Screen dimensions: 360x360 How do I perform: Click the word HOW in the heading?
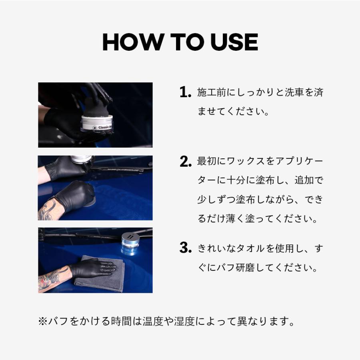coord(133,42)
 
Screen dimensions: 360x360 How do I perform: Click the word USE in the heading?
coord(234,42)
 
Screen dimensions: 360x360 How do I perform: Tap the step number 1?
coord(185,92)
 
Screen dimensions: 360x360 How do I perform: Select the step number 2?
coord(186,162)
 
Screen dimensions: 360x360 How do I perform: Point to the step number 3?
coord(186,248)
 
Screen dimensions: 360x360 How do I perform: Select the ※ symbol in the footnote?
coord(43,321)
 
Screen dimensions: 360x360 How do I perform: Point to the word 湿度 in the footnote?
coord(184,321)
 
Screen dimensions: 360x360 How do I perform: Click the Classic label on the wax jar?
coord(104,127)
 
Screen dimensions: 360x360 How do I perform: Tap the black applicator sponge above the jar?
coord(96,108)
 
